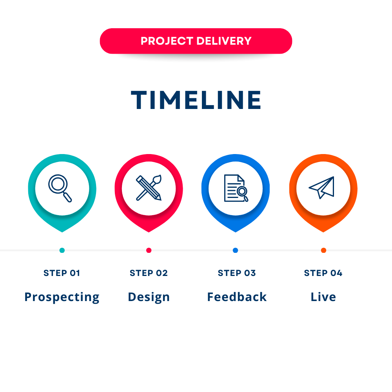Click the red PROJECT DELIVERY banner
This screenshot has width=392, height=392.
[x=196, y=41]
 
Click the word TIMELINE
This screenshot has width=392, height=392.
[x=196, y=100]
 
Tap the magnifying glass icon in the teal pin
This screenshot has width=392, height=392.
[x=60, y=188]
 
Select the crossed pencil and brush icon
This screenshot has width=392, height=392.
[x=149, y=188]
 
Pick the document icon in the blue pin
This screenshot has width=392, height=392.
[x=236, y=188]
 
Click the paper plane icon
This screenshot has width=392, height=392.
[x=321, y=187]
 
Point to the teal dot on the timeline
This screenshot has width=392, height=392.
[x=62, y=250]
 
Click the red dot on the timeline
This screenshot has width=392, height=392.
[x=149, y=250]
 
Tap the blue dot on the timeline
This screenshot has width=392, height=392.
[x=235, y=250]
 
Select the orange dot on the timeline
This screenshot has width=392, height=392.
[x=323, y=250]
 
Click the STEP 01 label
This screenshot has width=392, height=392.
[x=62, y=273]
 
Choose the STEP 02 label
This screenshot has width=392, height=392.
[x=149, y=273]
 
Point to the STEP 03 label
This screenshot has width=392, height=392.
[x=237, y=273]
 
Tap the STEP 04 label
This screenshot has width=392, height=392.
[x=323, y=273]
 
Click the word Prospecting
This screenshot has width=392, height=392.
[x=62, y=298]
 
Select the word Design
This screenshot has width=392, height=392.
[x=149, y=298]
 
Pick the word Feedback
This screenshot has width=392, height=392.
[x=237, y=297]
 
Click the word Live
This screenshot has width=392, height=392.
[x=323, y=297]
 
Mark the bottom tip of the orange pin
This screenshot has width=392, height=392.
[x=323, y=232]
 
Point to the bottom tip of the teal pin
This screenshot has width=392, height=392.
[x=62, y=232]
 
